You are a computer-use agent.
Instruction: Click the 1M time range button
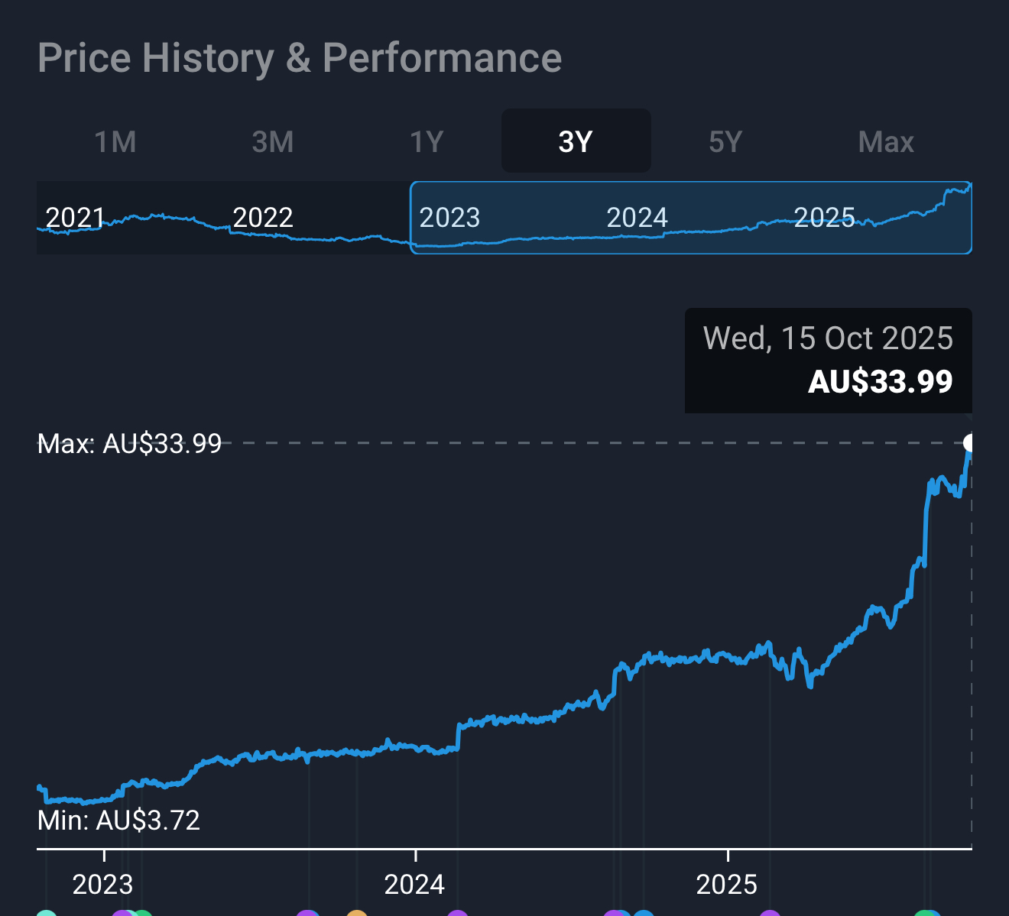point(115,142)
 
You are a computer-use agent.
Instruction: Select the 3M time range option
point(273,142)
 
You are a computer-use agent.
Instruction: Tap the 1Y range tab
point(427,142)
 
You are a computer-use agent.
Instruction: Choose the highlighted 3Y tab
point(576,142)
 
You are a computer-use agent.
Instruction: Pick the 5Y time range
point(725,142)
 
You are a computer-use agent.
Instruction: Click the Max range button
point(886,142)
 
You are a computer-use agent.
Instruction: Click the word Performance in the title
point(442,58)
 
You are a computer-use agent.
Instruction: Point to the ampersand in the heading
point(298,58)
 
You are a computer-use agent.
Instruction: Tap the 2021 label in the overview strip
point(75,218)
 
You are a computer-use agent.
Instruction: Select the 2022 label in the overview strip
point(262,218)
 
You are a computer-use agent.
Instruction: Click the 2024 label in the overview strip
point(637,218)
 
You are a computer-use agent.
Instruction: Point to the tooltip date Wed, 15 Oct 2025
point(828,338)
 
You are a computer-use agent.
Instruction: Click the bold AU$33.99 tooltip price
point(880,381)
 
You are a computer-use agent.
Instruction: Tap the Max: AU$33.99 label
point(129,443)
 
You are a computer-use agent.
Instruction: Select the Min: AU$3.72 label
point(118,821)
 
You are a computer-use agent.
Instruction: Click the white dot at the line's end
point(970,442)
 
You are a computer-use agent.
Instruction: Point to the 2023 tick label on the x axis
point(102,885)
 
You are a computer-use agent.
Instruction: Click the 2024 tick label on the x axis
point(414,885)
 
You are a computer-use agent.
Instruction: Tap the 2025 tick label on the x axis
point(726,885)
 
